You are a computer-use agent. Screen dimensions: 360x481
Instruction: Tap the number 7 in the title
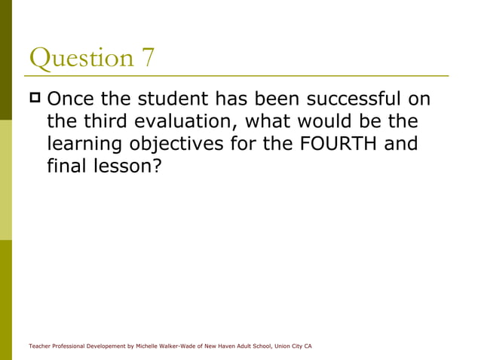[x=147, y=58]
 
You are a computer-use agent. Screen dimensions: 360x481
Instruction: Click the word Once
[x=72, y=99]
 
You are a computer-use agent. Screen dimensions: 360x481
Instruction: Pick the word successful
[x=350, y=99]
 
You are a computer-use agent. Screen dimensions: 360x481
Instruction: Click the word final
[x=66, y=166]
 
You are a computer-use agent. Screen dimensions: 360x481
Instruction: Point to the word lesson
[x=122, y=166]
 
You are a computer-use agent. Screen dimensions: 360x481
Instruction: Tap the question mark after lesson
[x=158, y=166]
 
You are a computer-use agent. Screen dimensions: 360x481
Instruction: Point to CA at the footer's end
[x=308, y=346]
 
